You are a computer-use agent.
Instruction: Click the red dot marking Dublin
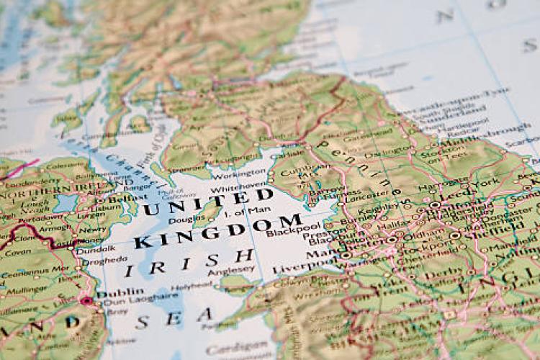point(88,300)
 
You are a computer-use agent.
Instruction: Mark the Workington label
point(240,174)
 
